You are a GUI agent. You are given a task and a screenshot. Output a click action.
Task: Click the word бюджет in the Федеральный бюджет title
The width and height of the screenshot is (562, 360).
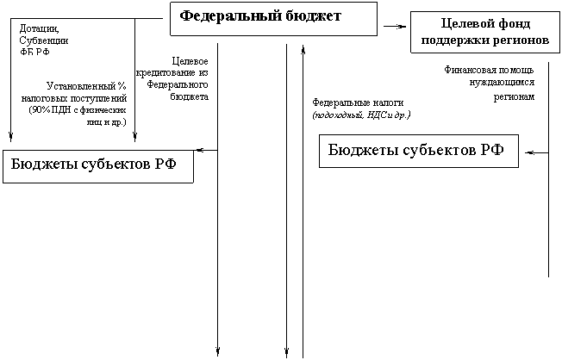(x=309, y=16)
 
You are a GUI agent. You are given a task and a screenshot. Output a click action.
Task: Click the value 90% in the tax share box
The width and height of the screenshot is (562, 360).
(x=40, y=111)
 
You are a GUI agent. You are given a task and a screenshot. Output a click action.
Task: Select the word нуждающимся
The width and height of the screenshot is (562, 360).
(x=496, y=84)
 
